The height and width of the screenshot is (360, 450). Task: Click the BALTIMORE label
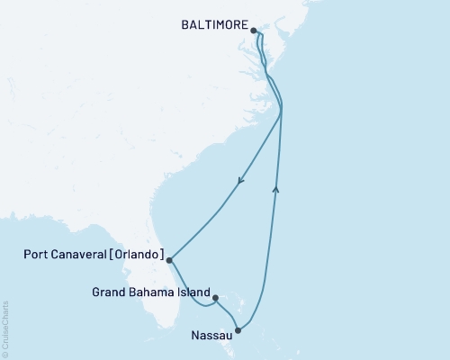[213, 29]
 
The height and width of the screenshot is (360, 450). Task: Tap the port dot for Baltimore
[255, 30]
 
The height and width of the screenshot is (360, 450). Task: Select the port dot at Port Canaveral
[170, 260]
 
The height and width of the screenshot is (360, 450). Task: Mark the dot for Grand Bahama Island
[215, 293]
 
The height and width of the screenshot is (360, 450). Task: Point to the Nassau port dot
[238, 330]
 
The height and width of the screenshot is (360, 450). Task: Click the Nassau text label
[211, 337]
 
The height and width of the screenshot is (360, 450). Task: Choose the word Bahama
[150, 292]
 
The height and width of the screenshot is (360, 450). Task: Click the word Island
[193, 292]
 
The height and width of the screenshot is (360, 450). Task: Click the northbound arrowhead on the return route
[275, 188]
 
